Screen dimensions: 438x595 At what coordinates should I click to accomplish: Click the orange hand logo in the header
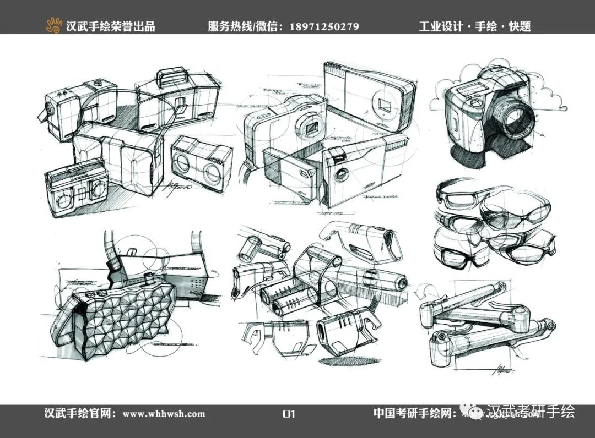[54, 25]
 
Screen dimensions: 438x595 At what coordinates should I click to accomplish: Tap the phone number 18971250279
[324, 26]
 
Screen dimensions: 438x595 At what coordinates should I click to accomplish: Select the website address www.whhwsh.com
[164, 414]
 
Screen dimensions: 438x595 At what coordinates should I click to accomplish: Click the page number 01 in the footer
[289, 414]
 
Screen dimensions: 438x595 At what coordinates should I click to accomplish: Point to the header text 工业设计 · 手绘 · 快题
[474, 26]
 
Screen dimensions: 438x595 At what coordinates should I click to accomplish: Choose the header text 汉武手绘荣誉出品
[110, 26]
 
